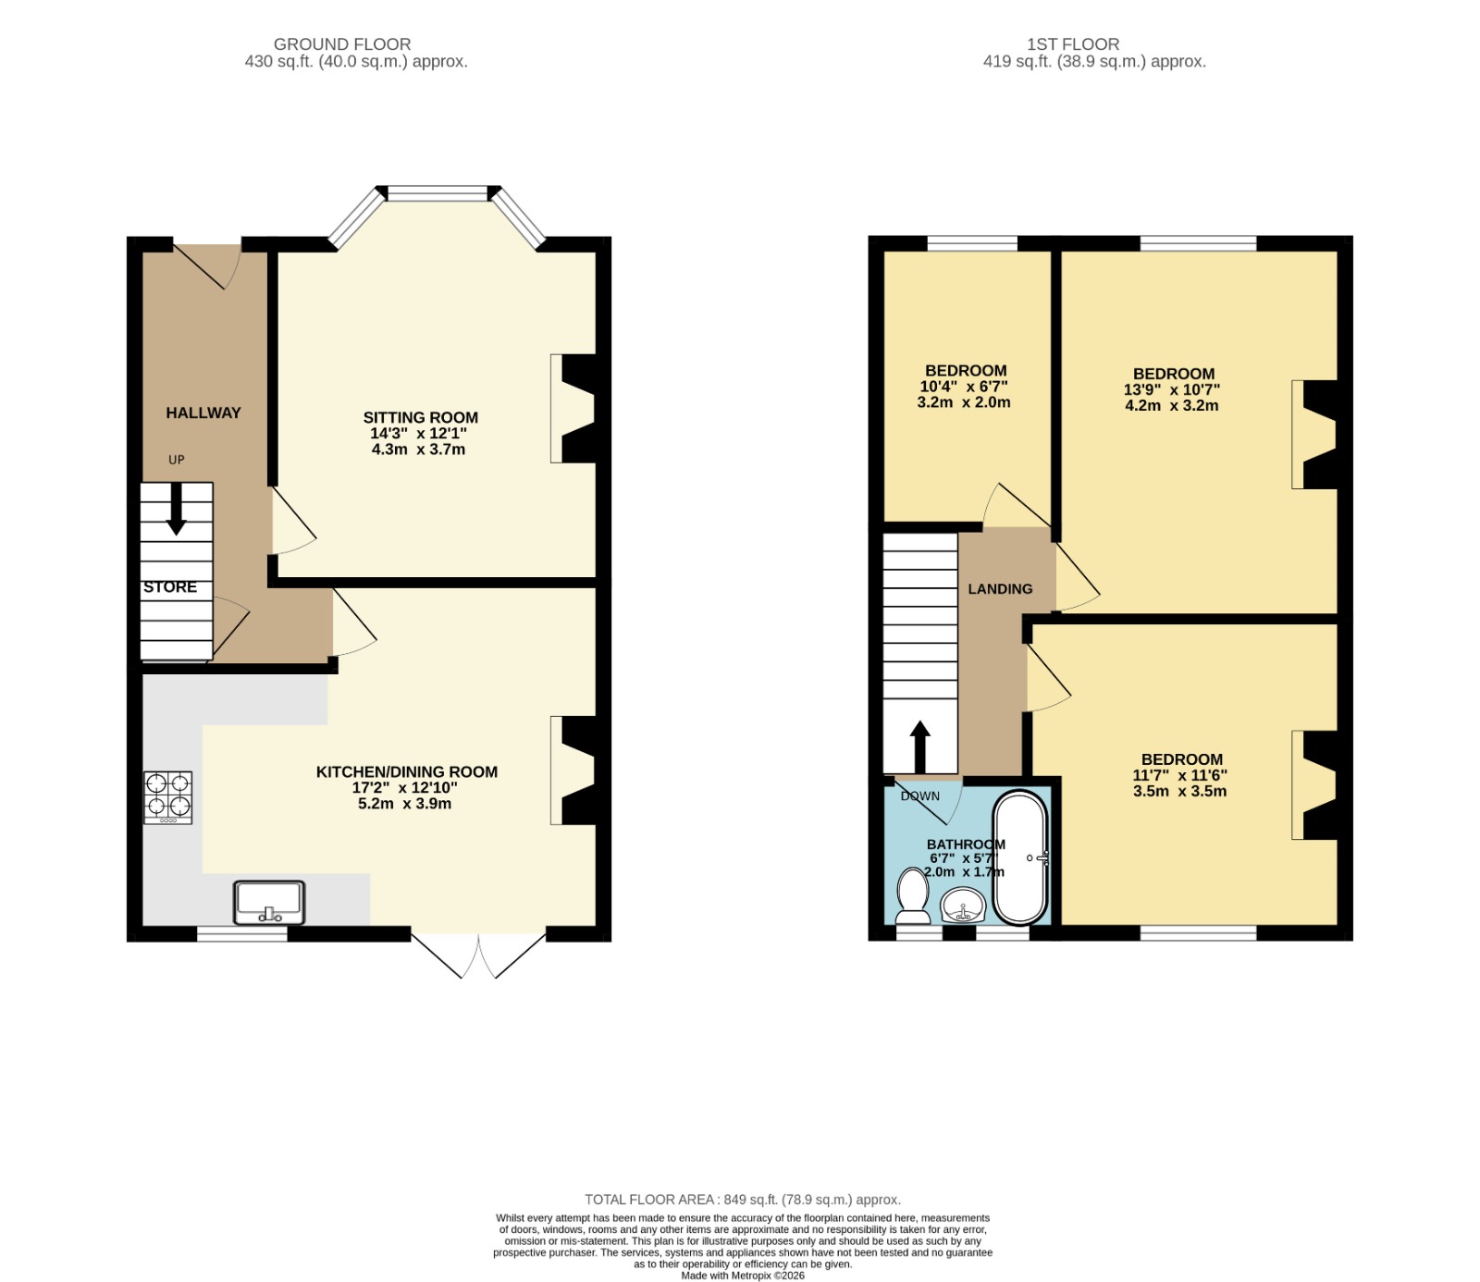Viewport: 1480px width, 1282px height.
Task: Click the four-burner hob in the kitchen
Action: pyautogui.click(x=167, y=797)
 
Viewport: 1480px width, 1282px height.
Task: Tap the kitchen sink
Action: pyautogui.click(x=269, y=903)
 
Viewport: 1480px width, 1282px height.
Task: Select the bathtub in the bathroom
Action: pyautogui.click(x=1020, y=857)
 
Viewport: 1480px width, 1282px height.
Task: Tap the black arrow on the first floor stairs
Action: pyautogui.click(x=919, y=746)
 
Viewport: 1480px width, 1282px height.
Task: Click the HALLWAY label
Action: pyautogui.click(x=203, y=413)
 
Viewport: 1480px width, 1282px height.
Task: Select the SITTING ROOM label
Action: pyautogui.click(x=421, y=417)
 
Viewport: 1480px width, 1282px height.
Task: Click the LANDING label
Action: pyautogui.click(x=1000, y=588)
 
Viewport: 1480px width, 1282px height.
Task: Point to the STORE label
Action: pyautogui.click(x=170, y=586)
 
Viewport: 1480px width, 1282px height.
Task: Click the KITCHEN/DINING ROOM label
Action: pyautogui.click(x=407, y=771)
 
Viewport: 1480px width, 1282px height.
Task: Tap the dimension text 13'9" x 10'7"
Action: pyautogui.click(x=1172, y=389)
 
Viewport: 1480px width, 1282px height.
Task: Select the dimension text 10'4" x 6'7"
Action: pyautogui.click(x=964, y=387)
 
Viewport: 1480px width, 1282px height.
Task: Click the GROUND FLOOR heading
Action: pyautogui.click(x=342, y=43)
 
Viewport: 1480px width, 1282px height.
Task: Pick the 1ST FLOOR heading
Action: pyautogui.click(x=1073, y=43)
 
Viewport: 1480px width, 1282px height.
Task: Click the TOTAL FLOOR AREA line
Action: pyautogui.click(x=743, y=1199)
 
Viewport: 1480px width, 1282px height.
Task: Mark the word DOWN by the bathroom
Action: pyautogui.click(x=920, y=795)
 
